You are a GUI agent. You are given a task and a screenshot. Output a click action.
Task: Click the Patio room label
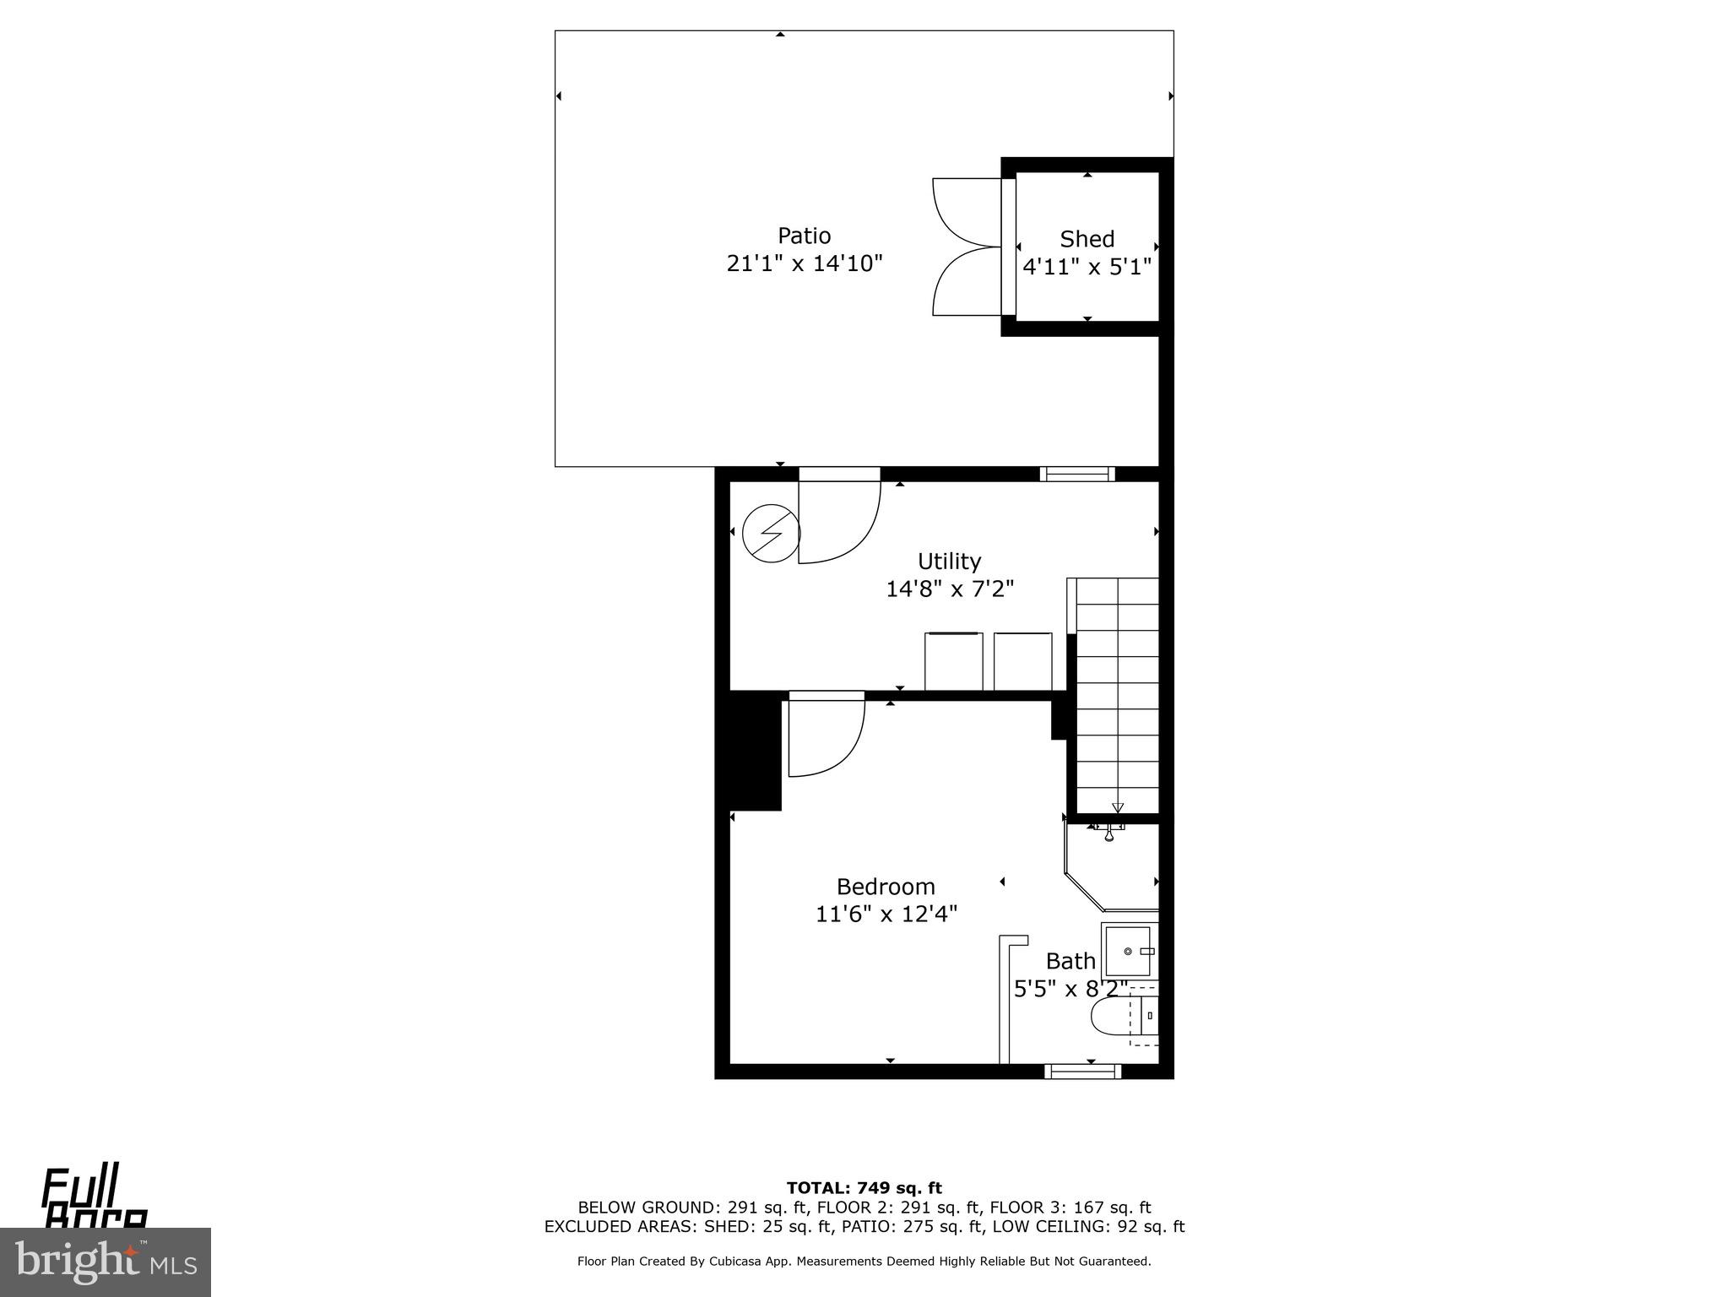pos(804,236)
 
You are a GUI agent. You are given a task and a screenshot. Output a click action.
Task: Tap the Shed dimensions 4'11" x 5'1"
pos(1087,268)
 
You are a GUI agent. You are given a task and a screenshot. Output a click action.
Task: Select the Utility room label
pos(949,562)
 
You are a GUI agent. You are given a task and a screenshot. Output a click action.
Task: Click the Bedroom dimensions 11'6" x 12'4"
pos(886,914)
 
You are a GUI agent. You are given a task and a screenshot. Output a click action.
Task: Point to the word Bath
pos(1070,961)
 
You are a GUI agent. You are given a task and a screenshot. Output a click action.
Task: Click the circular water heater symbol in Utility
pos(770,533)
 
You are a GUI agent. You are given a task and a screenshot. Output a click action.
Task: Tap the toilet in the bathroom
pos(1114,1017)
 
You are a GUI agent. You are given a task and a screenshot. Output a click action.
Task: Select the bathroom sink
pos(1129,951)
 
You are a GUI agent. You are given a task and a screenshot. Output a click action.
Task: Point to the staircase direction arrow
pos(1118,806)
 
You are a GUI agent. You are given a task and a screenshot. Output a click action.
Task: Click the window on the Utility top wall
pos(1077,475)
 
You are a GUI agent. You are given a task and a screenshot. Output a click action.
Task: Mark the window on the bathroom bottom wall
pos(1082,1072)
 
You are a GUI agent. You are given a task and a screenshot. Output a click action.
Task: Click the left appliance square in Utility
pos(954,661)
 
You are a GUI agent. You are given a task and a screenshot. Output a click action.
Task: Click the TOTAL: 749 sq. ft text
pos(864,1189)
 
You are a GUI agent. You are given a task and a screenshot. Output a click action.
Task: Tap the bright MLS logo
pos(105,1262)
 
